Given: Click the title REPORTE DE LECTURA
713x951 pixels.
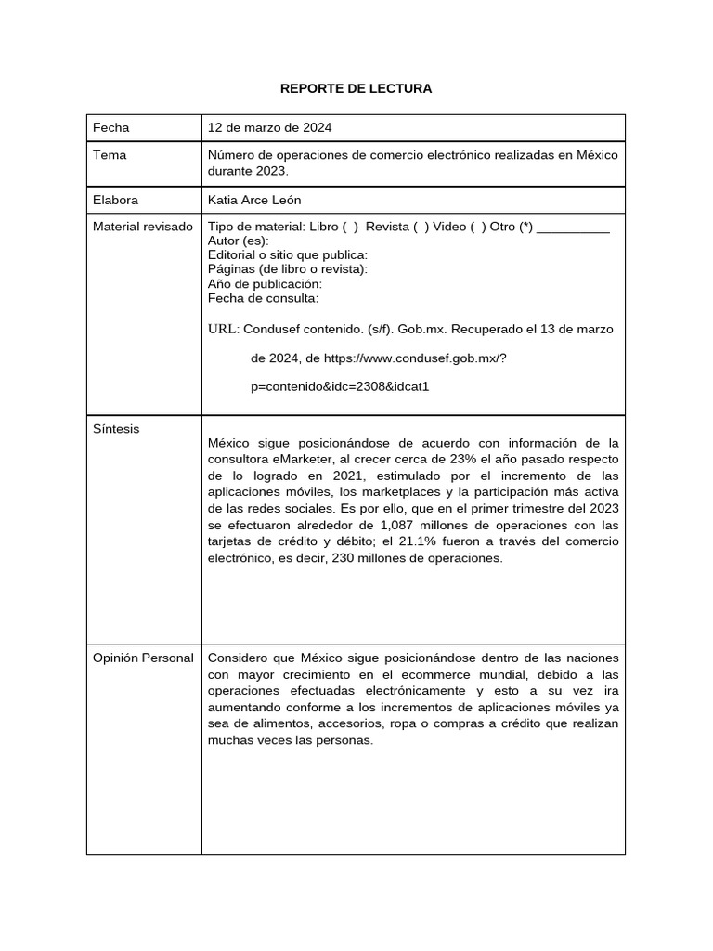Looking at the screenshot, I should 356,89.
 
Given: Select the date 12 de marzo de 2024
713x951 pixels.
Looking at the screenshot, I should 269,127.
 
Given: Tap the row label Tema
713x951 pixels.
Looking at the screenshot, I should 110,155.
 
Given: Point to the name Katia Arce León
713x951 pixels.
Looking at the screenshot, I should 254,200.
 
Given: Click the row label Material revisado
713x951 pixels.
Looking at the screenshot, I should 143,227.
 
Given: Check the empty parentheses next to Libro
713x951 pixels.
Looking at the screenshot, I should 350,227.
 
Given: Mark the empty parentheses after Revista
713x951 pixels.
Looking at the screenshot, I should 421,227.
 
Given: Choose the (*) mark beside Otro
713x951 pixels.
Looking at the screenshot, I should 525,227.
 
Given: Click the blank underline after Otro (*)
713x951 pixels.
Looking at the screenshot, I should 573,228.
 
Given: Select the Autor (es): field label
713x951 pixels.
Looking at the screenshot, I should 239,241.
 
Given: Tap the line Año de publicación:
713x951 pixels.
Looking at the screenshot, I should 265,283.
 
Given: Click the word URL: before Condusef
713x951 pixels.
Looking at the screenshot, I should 224,329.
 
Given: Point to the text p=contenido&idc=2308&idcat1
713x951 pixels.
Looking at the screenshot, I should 340,386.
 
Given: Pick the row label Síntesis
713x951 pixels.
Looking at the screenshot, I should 116,429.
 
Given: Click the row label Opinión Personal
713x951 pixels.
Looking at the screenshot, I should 143,658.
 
